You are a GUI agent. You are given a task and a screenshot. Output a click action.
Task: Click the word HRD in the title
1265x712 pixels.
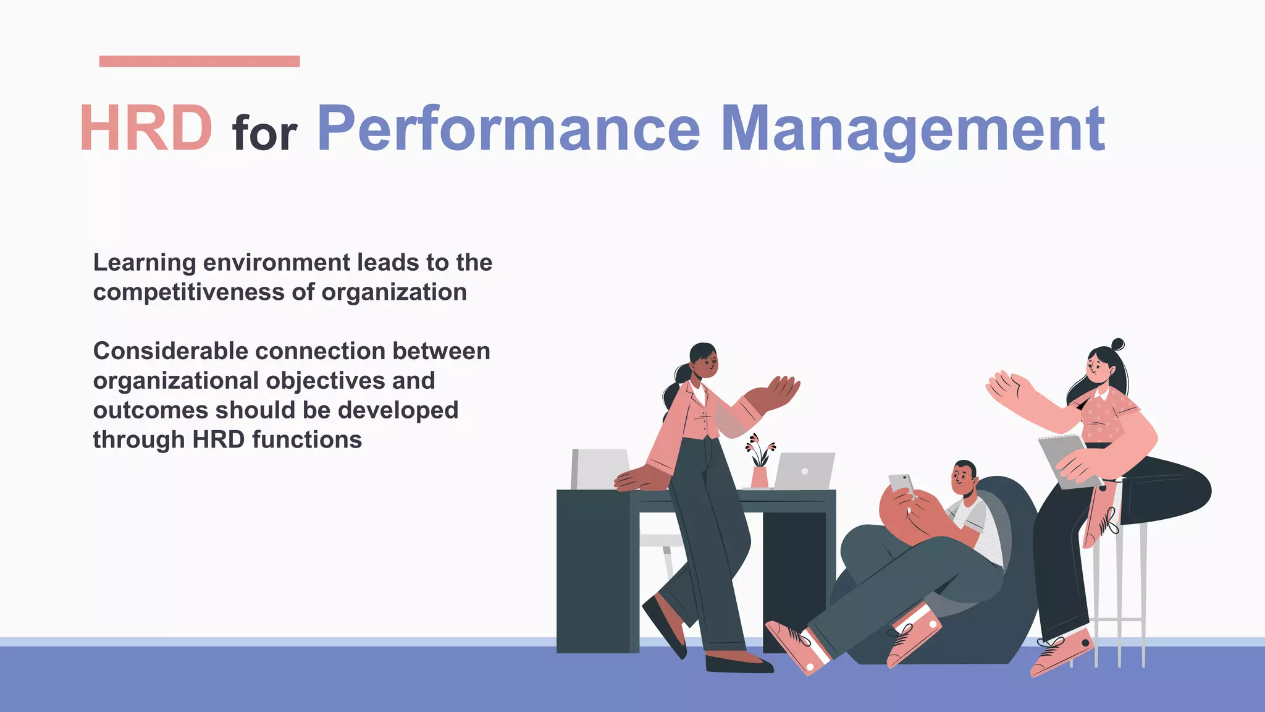(x=146, y=129)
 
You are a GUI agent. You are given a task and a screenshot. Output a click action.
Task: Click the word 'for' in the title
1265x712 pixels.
(x=264, y=133)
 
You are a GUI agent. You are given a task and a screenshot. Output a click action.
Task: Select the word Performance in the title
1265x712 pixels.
(x=508, y=129)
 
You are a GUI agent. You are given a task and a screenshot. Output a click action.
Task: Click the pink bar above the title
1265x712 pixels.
(x=199, y=61)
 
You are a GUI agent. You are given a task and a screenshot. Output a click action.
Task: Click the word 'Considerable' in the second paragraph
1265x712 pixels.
(x=170, y=351)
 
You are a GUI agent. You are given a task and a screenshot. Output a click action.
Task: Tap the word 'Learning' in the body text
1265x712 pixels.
(x=144, y=263)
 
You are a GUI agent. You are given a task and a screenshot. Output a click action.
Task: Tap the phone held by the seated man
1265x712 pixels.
(x=901, y=483)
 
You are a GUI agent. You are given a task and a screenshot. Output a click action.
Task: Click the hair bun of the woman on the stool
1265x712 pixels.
(x=1117, y=344)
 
